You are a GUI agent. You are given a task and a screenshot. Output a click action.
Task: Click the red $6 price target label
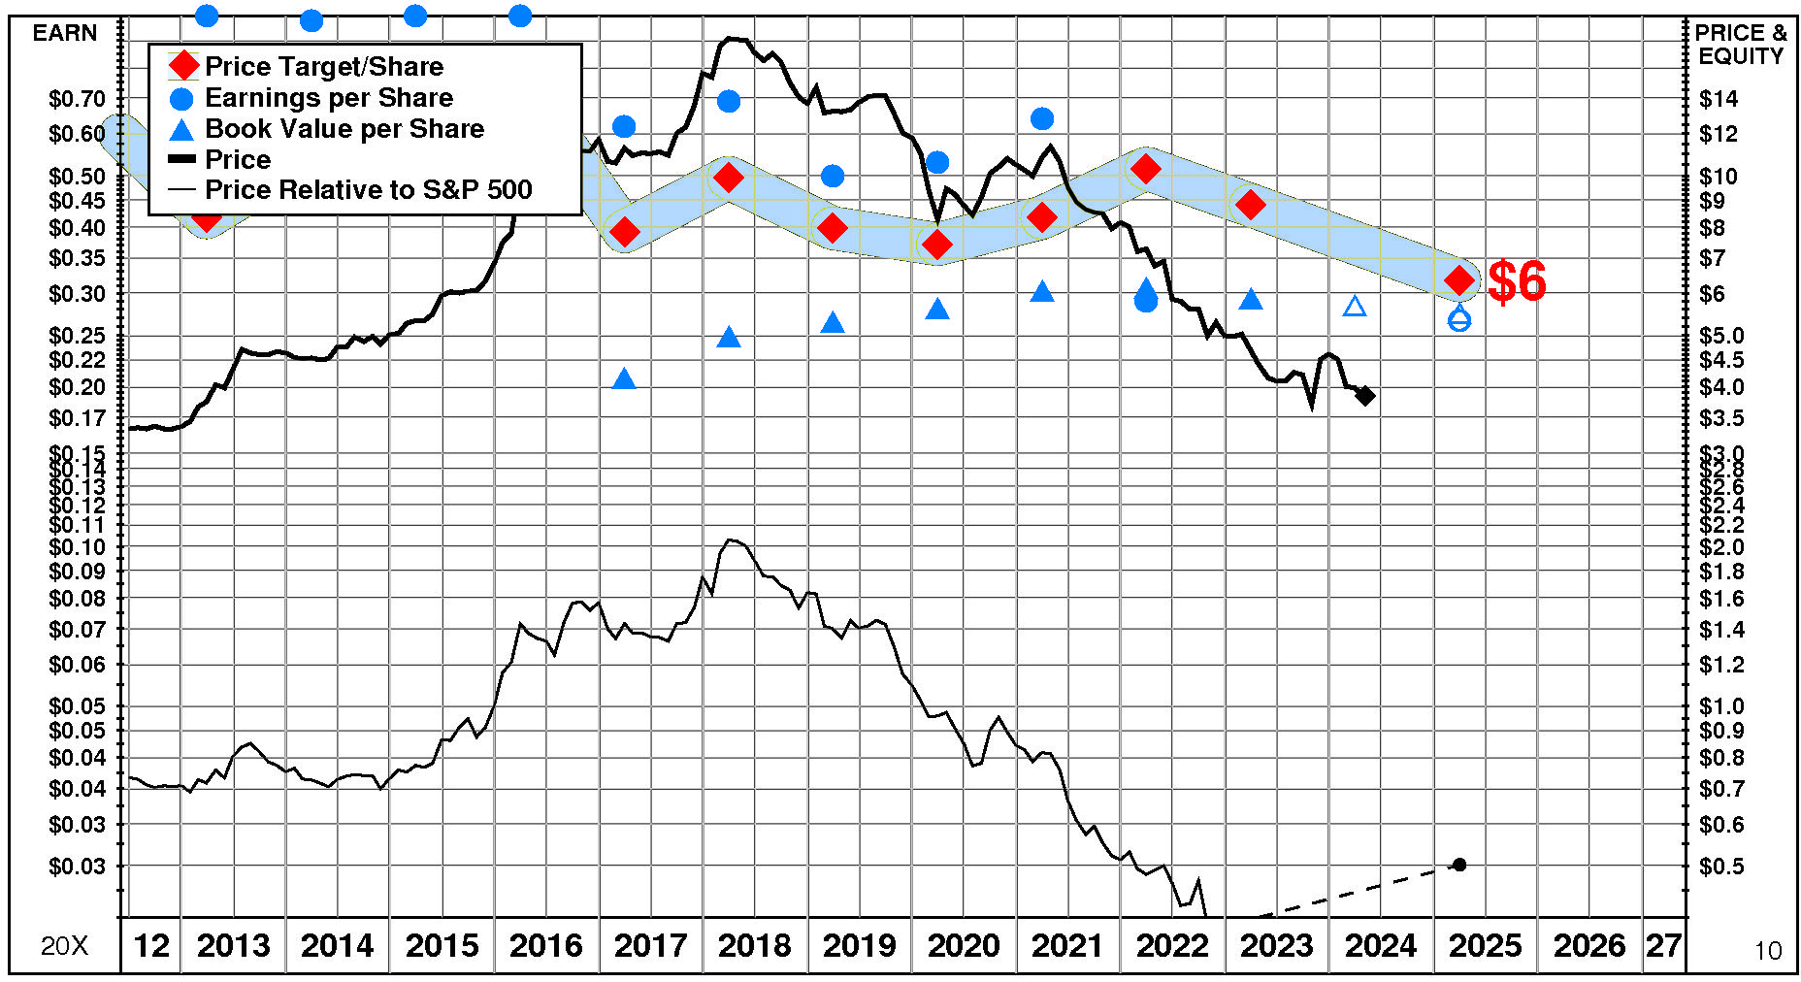click(x=1517, y=281)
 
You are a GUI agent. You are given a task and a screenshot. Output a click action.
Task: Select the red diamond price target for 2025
click(x=1459, y=280)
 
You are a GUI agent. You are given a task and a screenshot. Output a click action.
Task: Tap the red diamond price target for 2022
click(x=1146, y=168)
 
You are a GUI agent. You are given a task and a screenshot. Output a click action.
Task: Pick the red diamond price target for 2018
click(x=728, y=178)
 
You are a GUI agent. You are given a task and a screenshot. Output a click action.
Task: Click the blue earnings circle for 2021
click(x=1042, y=118)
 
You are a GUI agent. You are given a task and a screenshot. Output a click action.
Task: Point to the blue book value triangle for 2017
click(x=624, y=379)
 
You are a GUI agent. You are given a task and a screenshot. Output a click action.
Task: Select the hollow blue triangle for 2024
click(x=1355, y=307)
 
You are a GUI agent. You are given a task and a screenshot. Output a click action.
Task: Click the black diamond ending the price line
click(x=1365, y=395)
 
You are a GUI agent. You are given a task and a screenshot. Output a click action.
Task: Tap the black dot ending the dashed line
click(x=1459, y=865)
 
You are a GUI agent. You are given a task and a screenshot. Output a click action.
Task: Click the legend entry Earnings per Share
click(x=329, y=98)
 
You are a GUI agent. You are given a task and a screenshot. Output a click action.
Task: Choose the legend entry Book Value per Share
click(x=344, y=129)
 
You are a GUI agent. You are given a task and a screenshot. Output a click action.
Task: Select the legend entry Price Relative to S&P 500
click(x=368, y=190)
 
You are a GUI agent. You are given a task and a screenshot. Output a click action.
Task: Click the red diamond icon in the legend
click(x=182, y=67)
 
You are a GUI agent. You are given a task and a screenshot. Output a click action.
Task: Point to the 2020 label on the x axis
click(x=963, y=945)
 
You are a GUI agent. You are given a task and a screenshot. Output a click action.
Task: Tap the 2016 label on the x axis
click(x=545, y=945)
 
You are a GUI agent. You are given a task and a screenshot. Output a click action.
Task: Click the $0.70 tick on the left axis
click(x=77, y=99)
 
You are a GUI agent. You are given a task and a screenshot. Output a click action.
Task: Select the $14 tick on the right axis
click(x=1719, y=99)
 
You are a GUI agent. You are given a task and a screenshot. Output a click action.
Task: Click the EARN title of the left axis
click(x=65, y=33)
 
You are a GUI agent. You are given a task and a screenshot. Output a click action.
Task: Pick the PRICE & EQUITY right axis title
click(x=1741, y=45)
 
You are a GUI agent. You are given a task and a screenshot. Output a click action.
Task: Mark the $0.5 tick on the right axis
click(x=1721, y=866)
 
